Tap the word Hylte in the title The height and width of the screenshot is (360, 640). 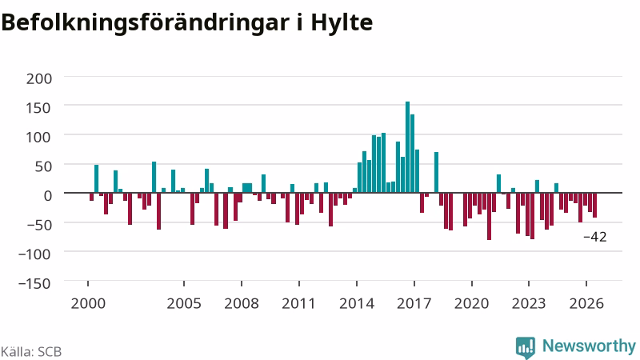342,22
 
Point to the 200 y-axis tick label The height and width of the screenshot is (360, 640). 39,78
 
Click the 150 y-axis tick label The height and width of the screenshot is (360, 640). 39,108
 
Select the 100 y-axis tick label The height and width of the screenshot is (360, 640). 39,137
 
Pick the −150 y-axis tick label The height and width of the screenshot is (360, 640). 34,283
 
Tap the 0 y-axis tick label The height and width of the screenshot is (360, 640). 48,195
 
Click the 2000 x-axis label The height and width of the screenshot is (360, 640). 88,304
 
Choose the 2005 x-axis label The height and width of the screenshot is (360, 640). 184,304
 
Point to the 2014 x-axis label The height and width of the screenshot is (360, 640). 357,304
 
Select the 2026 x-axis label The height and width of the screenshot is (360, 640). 586,304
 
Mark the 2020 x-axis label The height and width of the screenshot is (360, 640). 472,304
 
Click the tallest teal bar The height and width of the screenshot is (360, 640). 407,147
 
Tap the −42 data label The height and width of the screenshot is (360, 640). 595,237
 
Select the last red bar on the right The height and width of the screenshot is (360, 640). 594,205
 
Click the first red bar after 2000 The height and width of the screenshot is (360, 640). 92,197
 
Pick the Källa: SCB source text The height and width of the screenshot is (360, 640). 31,352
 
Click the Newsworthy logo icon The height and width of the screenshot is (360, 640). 526,347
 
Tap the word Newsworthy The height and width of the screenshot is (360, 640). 589,346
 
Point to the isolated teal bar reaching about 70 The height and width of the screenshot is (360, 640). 436,172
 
